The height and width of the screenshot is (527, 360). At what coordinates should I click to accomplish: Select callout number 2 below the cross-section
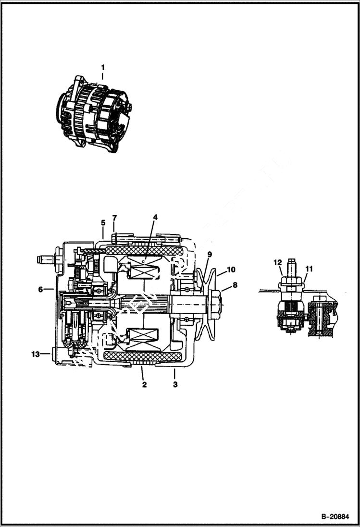coord(143,384)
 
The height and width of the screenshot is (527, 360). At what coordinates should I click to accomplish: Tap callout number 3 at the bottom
coord(175,384)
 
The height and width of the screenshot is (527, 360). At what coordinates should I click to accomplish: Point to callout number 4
coord(155,218)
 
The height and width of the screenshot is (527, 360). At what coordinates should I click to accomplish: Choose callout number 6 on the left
coord(40,289)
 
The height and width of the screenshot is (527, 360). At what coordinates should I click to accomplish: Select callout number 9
coord(209,254)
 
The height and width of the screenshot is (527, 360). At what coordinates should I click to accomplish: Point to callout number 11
coord(309,269)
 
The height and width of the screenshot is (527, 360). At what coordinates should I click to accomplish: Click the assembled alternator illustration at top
coord(95,114)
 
